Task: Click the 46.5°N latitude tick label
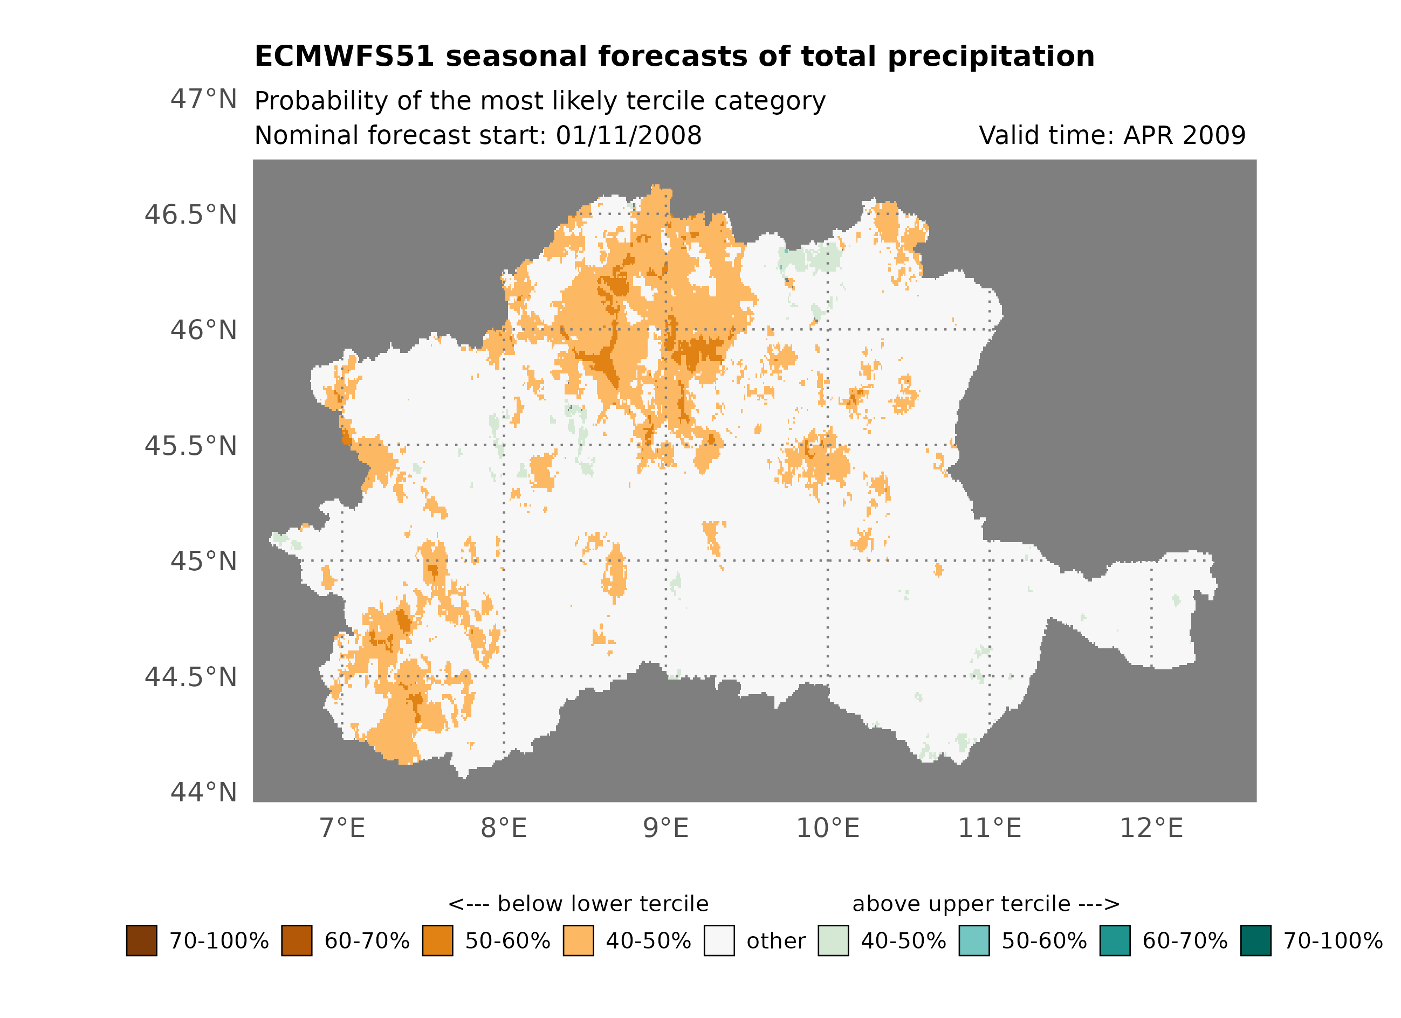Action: [190, 216]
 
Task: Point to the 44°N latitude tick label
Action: [203, 793]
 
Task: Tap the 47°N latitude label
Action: [203, 99]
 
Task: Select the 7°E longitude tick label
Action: [342, 828]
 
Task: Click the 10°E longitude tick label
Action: [827, 828]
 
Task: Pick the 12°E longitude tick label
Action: [1151, 828]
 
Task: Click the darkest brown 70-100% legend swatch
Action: [141, 941]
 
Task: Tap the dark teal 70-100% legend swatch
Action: [1255, 941]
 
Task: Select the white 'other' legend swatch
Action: [719, 941]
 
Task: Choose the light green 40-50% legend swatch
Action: [833, 941]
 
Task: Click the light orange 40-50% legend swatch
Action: [578, 941]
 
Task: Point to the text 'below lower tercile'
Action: [602, 904]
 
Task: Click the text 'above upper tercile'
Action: [960, 904]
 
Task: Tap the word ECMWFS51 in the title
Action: [344, 57]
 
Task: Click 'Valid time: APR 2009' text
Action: [1112, 136]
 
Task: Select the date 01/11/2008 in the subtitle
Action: [628, 136]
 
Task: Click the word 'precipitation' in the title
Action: [990, 57]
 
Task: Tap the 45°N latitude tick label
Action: [203, 562]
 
